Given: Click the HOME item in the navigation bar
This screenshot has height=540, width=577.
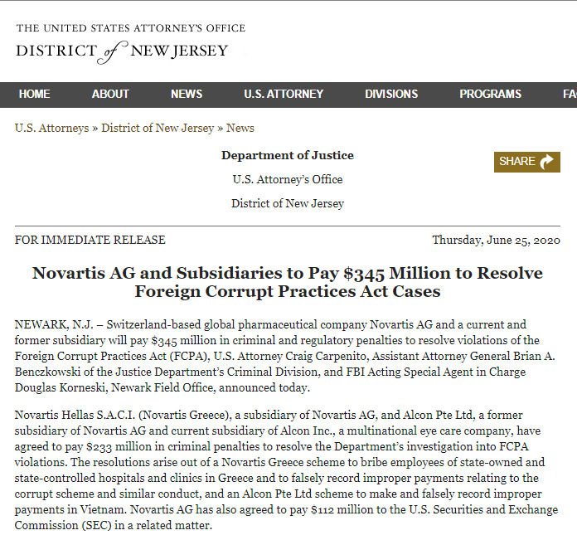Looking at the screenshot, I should point(34,95).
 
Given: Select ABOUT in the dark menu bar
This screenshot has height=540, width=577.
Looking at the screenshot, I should point(110,95).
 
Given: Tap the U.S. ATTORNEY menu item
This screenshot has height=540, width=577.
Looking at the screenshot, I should point(284,95).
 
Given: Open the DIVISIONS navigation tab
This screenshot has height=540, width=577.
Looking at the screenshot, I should point(391,95).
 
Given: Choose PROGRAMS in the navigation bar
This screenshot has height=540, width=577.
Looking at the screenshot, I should point(490,95).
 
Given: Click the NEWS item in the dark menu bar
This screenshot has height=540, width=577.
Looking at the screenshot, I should point(187,95).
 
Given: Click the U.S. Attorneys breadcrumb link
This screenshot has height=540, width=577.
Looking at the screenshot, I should point(51,129).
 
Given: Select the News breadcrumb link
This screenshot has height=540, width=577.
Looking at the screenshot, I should point(240,129).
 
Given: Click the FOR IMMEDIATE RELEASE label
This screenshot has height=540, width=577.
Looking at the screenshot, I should point(90,241).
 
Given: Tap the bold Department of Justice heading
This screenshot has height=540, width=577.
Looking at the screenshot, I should point(288,155).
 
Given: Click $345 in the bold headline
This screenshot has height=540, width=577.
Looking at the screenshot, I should point(377,273).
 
